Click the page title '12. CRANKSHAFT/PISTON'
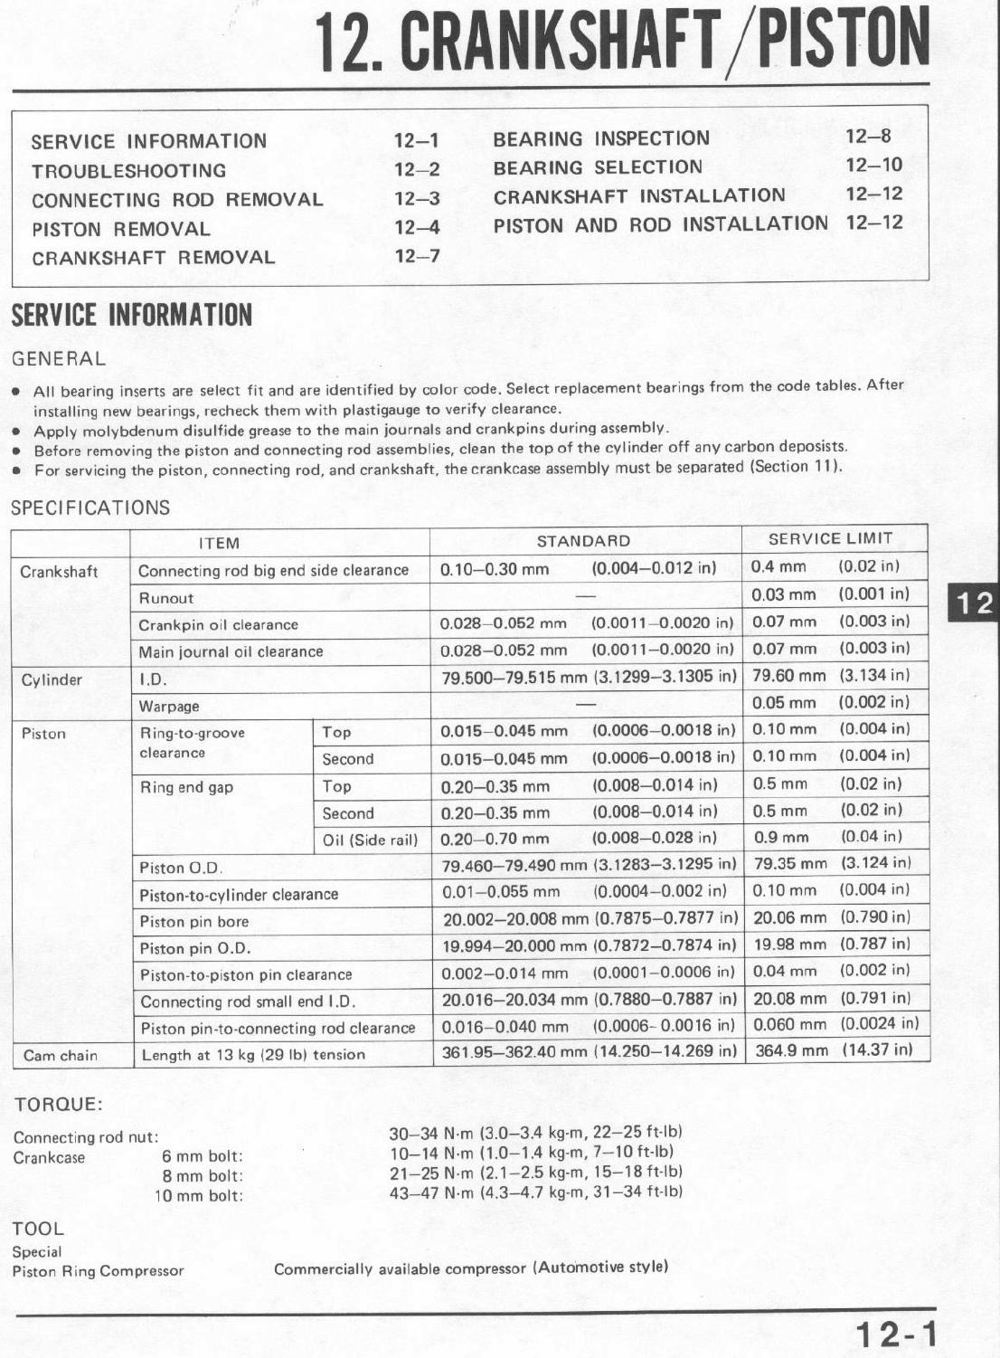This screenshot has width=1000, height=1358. click(x=622, y=41)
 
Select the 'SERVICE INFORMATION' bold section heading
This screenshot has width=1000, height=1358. click(x=131, y=316)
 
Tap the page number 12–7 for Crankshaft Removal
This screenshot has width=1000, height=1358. click(x=417, y=256)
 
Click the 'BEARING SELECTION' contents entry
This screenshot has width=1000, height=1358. click(x=598, y=167)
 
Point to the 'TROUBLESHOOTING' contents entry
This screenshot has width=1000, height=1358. click(x=128, y=171)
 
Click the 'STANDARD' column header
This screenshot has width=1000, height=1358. click(x=583, y=541)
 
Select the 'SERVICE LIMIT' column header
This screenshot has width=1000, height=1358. click(x=830, y=539)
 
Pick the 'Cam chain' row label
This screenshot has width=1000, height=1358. click(x=61, y=1055)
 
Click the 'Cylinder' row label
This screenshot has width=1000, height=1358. click(x=52, y=679)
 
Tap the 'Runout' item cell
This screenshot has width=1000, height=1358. click(x=166, y=598)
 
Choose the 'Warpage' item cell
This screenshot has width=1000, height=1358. click(x=169, y=707)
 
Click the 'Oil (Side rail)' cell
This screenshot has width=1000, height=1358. click(x=370, y=840)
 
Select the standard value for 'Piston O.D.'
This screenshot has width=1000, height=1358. click(x=589, y=866)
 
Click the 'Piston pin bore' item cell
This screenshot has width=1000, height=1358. click(x=194, y=922)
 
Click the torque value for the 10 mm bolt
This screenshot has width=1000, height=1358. click(x=535, y=1192)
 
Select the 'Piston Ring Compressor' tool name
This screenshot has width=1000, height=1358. click(x=98, y=1270)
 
